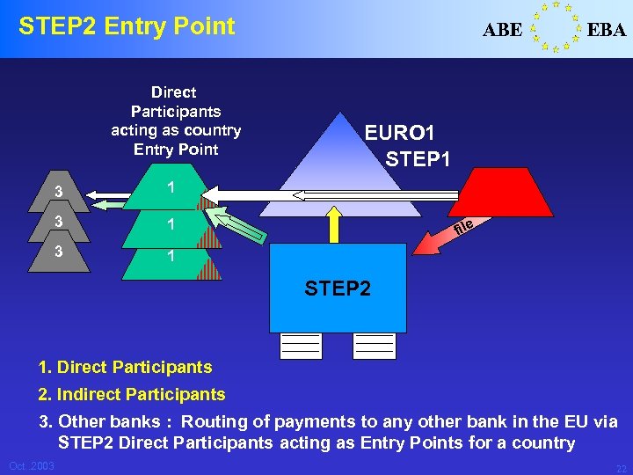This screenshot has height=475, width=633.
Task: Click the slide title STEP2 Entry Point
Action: click(x=127, y=26)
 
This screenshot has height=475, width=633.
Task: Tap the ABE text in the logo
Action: click(x=502, y=30)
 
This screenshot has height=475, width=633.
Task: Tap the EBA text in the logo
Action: click(x=607, y=30)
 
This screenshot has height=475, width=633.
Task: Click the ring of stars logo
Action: click(x=555, y=27)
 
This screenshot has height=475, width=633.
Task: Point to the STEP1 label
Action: click(x=418, y=159)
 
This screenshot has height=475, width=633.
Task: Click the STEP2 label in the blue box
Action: click(x=338, y=289)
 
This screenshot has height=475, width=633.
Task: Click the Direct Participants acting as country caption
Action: click(x=175, y=121)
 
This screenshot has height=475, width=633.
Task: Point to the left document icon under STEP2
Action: click(x=301, y=346)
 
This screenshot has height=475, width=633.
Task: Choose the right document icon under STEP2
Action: click(x=375, y=346)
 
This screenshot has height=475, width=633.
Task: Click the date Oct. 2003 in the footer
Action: click(x=32, y=465)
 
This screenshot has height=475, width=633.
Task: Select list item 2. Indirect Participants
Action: click(x=132, y=395)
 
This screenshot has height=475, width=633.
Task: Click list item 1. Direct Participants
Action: click(x=125, y=367)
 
